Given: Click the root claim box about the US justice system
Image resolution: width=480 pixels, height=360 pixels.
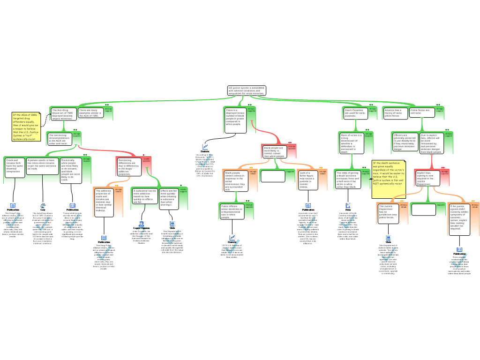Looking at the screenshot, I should [247, 90].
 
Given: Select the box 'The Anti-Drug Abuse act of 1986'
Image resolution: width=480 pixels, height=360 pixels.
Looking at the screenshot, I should [63, 114].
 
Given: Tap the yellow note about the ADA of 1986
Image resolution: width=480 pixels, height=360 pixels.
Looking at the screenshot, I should [26, 127].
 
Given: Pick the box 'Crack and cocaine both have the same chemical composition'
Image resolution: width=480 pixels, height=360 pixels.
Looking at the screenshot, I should [14, 166].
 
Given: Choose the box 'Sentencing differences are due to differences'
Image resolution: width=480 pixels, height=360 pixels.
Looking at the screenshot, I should [128, 166].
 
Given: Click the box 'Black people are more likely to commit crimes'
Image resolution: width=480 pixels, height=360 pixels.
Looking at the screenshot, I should [274, 151].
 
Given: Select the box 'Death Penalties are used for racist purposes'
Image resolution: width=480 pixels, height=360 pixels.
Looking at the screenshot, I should [354, 113].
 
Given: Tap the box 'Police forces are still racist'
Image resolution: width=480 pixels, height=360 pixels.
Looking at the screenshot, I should [420, 112].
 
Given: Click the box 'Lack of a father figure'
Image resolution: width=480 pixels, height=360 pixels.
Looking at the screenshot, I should [307, 180].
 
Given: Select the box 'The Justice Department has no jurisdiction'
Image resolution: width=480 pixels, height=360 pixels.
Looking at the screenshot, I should [388, 212].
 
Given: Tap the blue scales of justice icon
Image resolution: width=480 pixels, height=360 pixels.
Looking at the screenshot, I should [43, 205].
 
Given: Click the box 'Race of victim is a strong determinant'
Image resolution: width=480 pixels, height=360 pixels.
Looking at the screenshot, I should [351, 142].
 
